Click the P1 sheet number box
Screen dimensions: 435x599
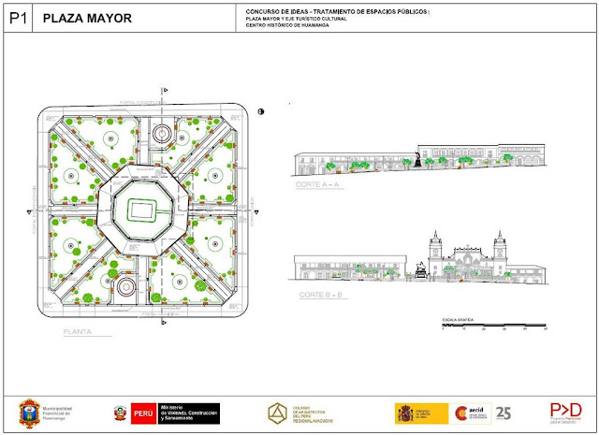coord(17,18)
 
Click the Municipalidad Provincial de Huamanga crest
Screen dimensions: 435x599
coord(33,413)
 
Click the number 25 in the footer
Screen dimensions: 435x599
coord(504,413)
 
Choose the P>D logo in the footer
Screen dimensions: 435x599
coord(565,410)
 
